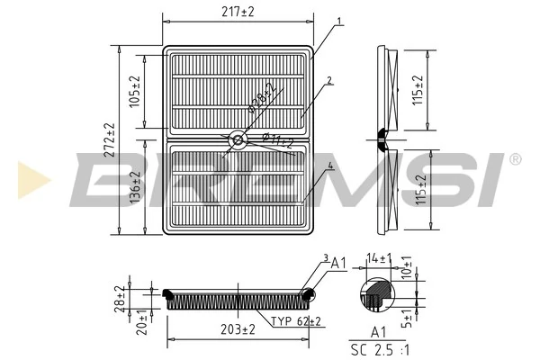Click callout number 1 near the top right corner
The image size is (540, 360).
coord(338,21)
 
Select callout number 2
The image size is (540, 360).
coord(329,80)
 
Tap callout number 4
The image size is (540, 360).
coord(330,166)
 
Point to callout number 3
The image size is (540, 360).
coord(325,259)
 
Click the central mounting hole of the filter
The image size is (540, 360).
coord(238,139)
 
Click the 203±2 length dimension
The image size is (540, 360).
coord(238,330)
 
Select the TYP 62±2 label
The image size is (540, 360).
coord(296,320)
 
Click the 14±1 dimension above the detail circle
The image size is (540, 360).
coord(379,258)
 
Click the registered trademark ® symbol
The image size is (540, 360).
coord(515,159)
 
